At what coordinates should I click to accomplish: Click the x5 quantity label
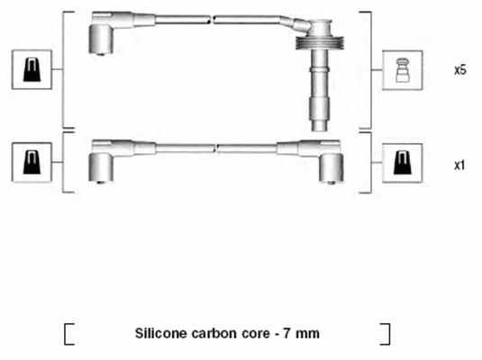click(460, 69)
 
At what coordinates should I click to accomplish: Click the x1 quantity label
click(459, 165)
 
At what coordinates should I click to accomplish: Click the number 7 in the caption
click(285, 334)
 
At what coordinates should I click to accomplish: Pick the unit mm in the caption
click(306, 334)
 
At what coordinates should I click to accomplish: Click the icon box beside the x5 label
click(401, 69)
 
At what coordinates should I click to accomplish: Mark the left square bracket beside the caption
click(68, 333)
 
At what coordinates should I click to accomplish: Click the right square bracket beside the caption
click(386, 333)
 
